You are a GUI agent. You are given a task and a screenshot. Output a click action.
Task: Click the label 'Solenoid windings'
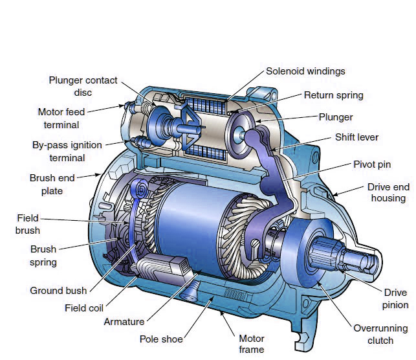[305, 71]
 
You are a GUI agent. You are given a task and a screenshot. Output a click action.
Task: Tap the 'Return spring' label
[333, 95]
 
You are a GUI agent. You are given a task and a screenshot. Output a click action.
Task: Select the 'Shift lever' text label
[356, 137]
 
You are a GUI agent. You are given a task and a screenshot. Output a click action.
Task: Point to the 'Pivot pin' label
[372, 164]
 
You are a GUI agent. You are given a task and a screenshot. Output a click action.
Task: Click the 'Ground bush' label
[58, 291]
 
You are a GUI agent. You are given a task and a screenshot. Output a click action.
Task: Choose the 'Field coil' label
[84, 308]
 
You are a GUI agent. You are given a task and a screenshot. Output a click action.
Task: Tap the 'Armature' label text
[124, 322]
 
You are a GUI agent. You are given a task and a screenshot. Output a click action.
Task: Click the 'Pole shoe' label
[161, 339]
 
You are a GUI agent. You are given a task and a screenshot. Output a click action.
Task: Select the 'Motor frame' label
[251, 344]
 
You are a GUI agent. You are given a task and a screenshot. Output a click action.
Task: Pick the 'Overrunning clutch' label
[380, 334]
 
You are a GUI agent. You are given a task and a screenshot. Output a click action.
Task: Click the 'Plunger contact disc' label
[83, 86]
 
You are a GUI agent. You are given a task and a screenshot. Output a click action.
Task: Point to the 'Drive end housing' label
[388, 192]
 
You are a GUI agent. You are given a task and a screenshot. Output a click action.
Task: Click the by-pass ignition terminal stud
[141, 141]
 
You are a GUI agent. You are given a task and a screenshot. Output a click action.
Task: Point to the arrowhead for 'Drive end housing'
[335, 195]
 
